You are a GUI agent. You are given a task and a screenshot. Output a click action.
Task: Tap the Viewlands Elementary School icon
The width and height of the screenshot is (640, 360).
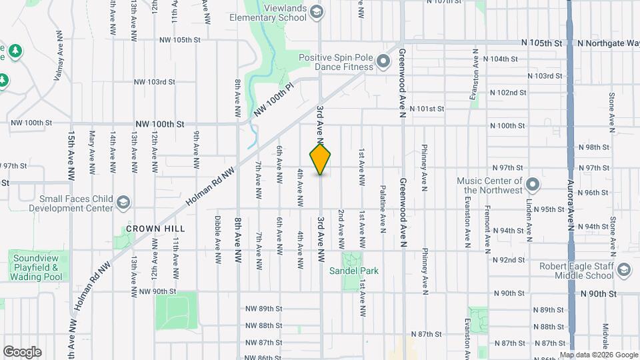(x=317, y=12)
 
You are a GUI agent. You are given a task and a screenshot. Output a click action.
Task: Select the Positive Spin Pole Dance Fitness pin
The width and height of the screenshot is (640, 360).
(x=383, y=63)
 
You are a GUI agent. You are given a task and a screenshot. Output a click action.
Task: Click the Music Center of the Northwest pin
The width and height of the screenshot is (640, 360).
(x=533, y=183)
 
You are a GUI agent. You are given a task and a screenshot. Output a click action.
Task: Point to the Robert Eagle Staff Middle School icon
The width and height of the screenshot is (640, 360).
(x=623, y=270)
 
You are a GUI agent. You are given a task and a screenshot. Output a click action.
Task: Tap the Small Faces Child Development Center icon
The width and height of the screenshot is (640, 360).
(x=123, y=201)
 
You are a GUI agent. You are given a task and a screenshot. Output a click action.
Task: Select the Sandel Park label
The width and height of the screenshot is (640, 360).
(x=353, y=271)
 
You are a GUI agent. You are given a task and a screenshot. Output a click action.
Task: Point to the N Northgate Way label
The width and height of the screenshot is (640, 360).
(x=608, y=43)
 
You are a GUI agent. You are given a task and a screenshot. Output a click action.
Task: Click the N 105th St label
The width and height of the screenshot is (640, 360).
(x=543, y=43)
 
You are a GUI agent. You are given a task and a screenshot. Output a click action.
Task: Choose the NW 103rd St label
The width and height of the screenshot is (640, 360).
(x=154, y=82)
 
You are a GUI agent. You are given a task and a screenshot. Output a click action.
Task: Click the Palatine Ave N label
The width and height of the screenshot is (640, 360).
(x=383, y=209)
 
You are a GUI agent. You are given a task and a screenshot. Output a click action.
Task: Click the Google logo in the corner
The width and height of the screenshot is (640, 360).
(x=22, y=352)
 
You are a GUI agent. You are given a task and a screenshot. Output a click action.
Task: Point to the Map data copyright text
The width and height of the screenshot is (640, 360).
(x=598, y=355)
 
